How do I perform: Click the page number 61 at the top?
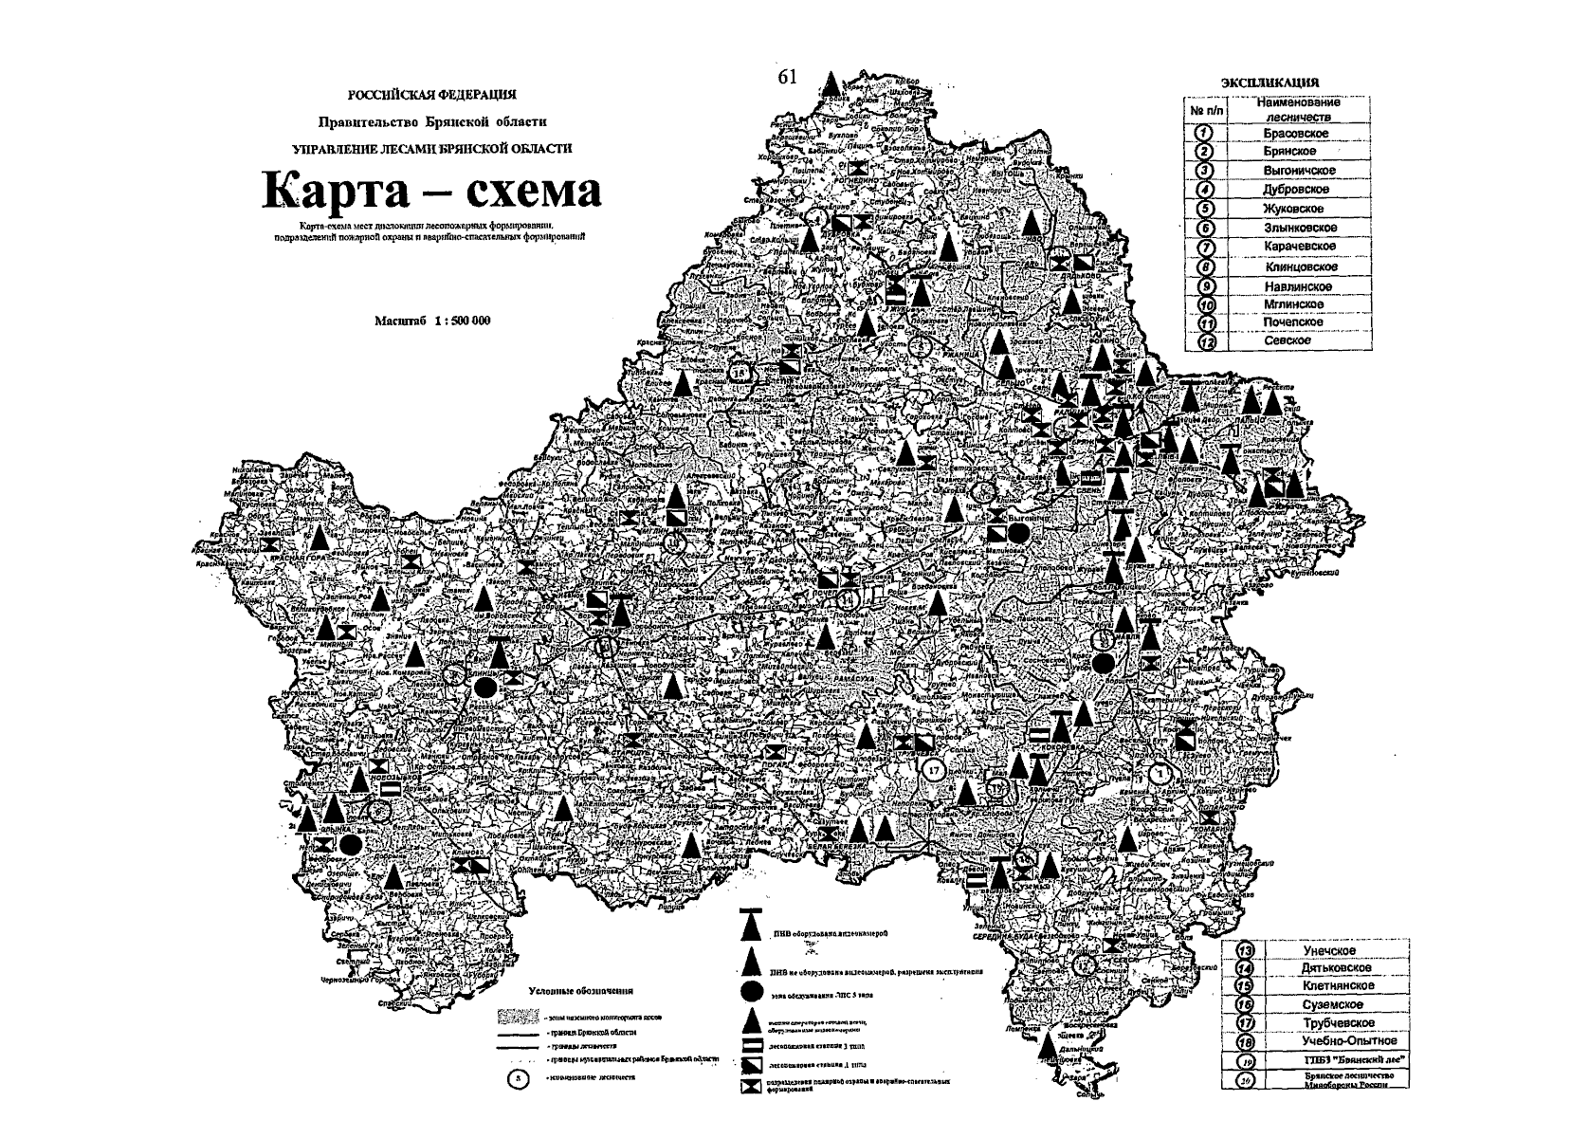[x=788, y=78]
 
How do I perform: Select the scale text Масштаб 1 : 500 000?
[x=433, y=321]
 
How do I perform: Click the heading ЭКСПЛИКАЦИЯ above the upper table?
[x=1269, y=83]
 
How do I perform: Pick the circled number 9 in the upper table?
[x=1207, y=286]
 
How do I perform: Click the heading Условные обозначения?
[x=580, y=991]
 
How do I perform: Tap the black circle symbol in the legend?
[x=751, y=990]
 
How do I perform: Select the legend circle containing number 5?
[x=516, y=1078]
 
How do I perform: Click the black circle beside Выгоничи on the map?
[x=1017, y=534]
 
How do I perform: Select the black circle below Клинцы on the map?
[x=484, y=687]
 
